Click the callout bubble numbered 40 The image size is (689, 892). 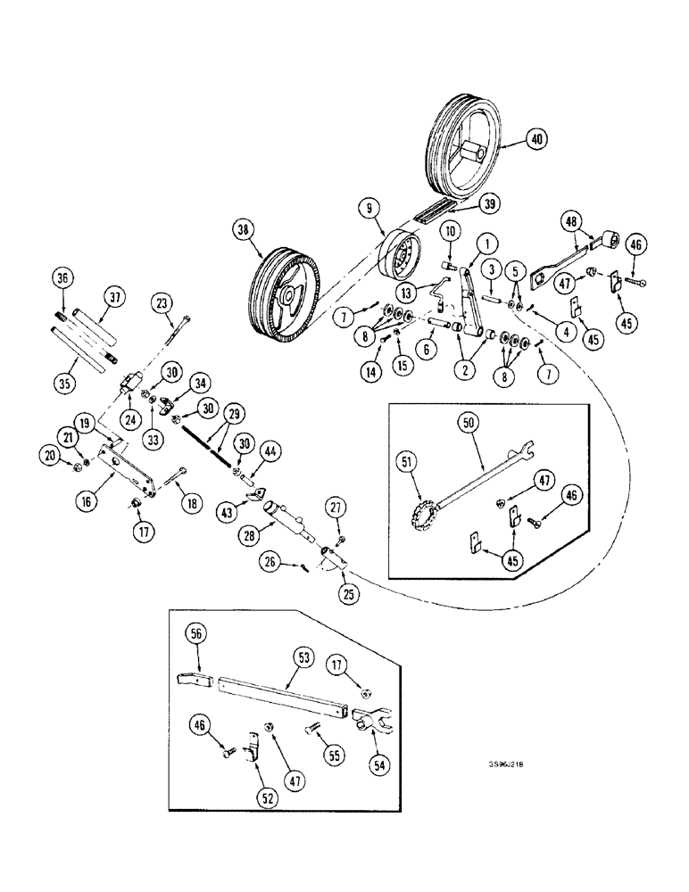[x=536, y=139]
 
